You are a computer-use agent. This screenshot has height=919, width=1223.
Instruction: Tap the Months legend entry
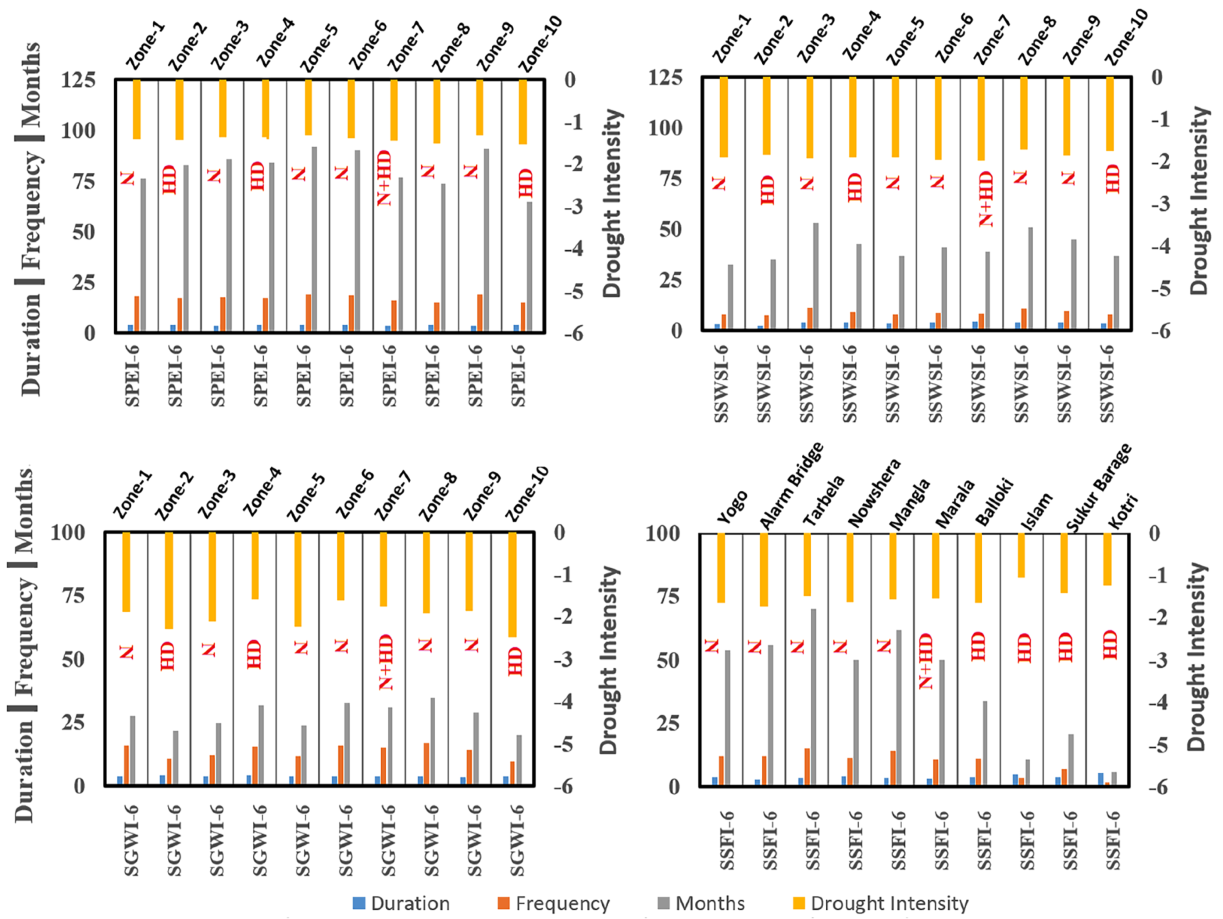point(702,903)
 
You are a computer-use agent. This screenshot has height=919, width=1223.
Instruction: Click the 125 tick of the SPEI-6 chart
point(78,80)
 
